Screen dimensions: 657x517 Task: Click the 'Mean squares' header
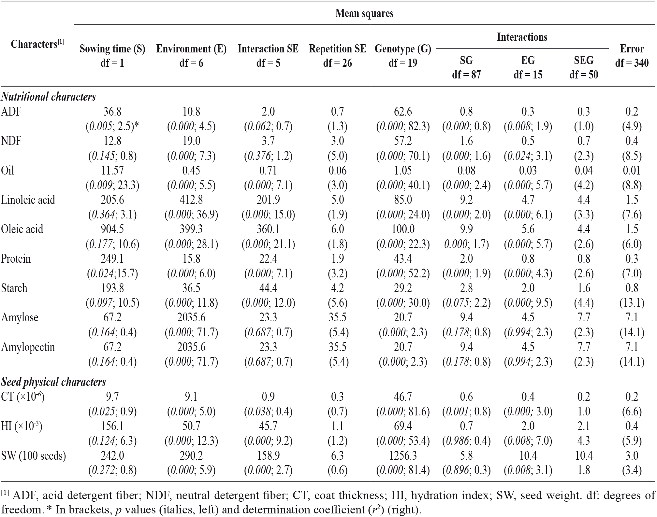tap(364, 13)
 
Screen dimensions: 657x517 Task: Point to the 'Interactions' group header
tap(522, 37)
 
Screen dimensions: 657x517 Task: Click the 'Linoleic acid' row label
tap(28, 200)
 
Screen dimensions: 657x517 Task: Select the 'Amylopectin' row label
tap(28, 347)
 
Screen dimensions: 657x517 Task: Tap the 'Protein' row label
tap(16, 259)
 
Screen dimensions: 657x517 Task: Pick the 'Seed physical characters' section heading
tap(53, 382)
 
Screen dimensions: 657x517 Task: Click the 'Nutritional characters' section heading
tap(48, 97)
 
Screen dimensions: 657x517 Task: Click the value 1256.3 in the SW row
tap(403, 455)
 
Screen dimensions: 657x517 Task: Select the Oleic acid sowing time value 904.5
tap(112, 229)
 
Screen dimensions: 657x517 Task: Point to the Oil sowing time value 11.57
tap(112, 170)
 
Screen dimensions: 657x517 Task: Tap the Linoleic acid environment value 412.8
tap(191, 200)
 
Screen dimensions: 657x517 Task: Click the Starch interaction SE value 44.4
tap(268, 288)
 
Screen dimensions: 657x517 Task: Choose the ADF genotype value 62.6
tap(403, 111)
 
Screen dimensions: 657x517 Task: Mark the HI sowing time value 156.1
tap(112, 426)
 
